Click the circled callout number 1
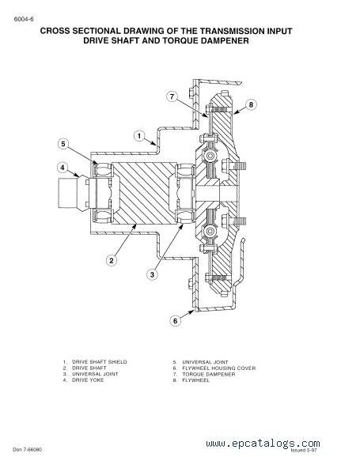pos(139,136)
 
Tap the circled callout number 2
pos(112,260)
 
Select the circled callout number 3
pos(152,274)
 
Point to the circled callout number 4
pos(63,168)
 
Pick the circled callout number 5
pos(63,144)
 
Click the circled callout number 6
pos(176,320)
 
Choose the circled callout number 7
pos(172,96)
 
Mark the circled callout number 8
pos(251,104)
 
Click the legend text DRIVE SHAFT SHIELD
pos(100,362)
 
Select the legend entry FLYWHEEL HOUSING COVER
pos(219,368)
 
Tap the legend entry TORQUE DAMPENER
pos(209,374)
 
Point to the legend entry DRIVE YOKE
pos(88,380)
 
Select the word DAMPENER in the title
pos(225,40)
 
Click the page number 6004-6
pos(24,19)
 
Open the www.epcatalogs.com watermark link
pos(263,444)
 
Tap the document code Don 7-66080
pos(27,450)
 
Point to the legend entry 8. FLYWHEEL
pos(191,380)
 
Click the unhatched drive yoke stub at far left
pos(68,193)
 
